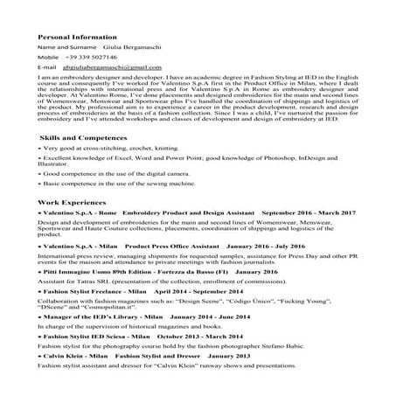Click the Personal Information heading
[77, 38]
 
